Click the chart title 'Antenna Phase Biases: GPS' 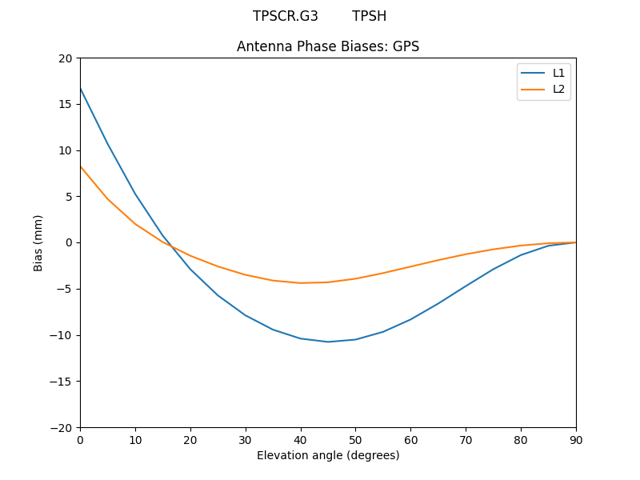pyautogui.click(x=328, y=46)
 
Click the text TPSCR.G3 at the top pyautogui.click(x=286, y=16)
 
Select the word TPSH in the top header pyautogui.click(x=369, y=16)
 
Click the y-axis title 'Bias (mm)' pyautogui.click(x=38, y=242)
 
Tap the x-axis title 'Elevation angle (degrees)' pyautogui.click(x=328, y=455)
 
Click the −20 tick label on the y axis pyautogui.click(x=61, y=427)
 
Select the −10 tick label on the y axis pyautogui.click(x=61, y=335)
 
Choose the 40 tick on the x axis pyautogui.click(x=301, y=439)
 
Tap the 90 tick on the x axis pyautogui.click(x=576, y=439)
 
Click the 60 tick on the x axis pyautogui.click(x=410, y=439)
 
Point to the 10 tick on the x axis pyautogui.click(x=135, y=439)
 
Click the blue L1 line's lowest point pyautogui.click(x=328, y=342)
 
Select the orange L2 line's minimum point pyautogui.click(x=301, y=282)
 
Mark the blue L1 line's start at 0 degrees pyautogui.click(x=80, y=88)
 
